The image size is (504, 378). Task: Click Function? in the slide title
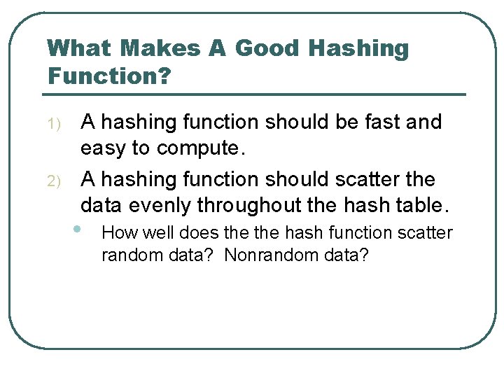point(108,75)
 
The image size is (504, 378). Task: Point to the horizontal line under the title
point(256,94)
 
